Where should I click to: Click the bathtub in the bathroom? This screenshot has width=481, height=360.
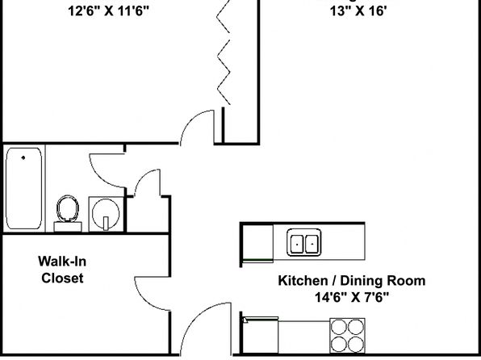click(x=23, y=188)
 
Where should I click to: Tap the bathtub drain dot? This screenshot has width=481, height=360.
click(x=23, y=157)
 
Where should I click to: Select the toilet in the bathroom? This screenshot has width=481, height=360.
click(x=68, y=213)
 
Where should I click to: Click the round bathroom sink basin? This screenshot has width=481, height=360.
click(x=106, y=212)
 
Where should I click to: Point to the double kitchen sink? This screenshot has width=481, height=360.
click(x=304, y=242)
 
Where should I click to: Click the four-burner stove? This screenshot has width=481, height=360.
click(x=347, y=336)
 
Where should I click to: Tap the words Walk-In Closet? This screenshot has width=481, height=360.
click(x=62, y=270)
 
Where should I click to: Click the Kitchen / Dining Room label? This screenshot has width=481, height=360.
click(x=352, y=281)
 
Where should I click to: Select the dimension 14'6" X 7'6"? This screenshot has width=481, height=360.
click(x=352, y=297)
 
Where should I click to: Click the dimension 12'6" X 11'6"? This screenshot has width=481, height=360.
click(x=108, y=11)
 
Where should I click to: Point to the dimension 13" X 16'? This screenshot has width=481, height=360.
click(x=358, y=11)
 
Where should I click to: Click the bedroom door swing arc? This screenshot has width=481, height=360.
click(x=190, y=119)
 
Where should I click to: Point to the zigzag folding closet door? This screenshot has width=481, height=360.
click(x=224, y=52)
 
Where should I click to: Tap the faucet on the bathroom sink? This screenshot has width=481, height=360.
click(x=106, y=223)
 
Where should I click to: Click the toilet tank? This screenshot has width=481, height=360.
click(x=68, y=227)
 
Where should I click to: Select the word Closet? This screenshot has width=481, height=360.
click(x=62, y=278)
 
